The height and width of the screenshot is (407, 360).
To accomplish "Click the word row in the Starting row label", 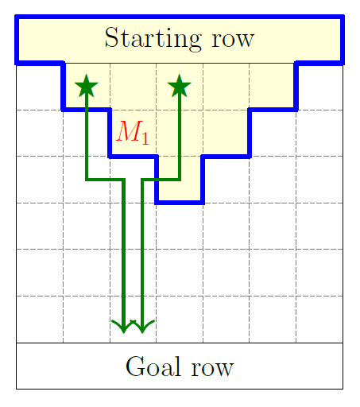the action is [x=233, y=40].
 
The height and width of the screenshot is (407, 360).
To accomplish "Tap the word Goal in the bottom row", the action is [x=153, y=366].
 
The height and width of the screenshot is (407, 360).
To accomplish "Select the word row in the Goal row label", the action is [x=212, y=368].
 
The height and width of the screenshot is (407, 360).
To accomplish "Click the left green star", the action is [x=87, y=86].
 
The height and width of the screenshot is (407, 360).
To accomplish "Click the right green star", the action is [x=180, y=86].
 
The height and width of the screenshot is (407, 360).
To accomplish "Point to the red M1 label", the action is [x=133, y=133].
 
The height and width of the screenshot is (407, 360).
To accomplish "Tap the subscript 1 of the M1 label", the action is [x=145, y=138].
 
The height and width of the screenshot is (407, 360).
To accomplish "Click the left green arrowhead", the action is [x=123, y=327].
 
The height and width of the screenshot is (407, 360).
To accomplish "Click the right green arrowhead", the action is [x=142, y=327].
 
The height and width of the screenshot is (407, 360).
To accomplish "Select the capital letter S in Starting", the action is [x=112, y=37].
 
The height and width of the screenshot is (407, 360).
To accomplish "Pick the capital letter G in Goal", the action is [x=135, y=366].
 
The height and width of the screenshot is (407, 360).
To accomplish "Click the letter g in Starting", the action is [x=194, y=42].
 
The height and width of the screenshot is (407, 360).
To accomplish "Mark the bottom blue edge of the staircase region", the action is [x=180, y=203].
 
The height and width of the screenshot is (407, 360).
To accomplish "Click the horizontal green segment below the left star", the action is [x=105, y=180].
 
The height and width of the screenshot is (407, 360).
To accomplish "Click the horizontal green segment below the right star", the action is [x=161, y=180].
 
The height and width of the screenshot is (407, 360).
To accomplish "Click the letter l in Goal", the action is [x=178, y=366].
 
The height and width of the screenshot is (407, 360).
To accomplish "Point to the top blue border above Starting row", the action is [x=180, y=17].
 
